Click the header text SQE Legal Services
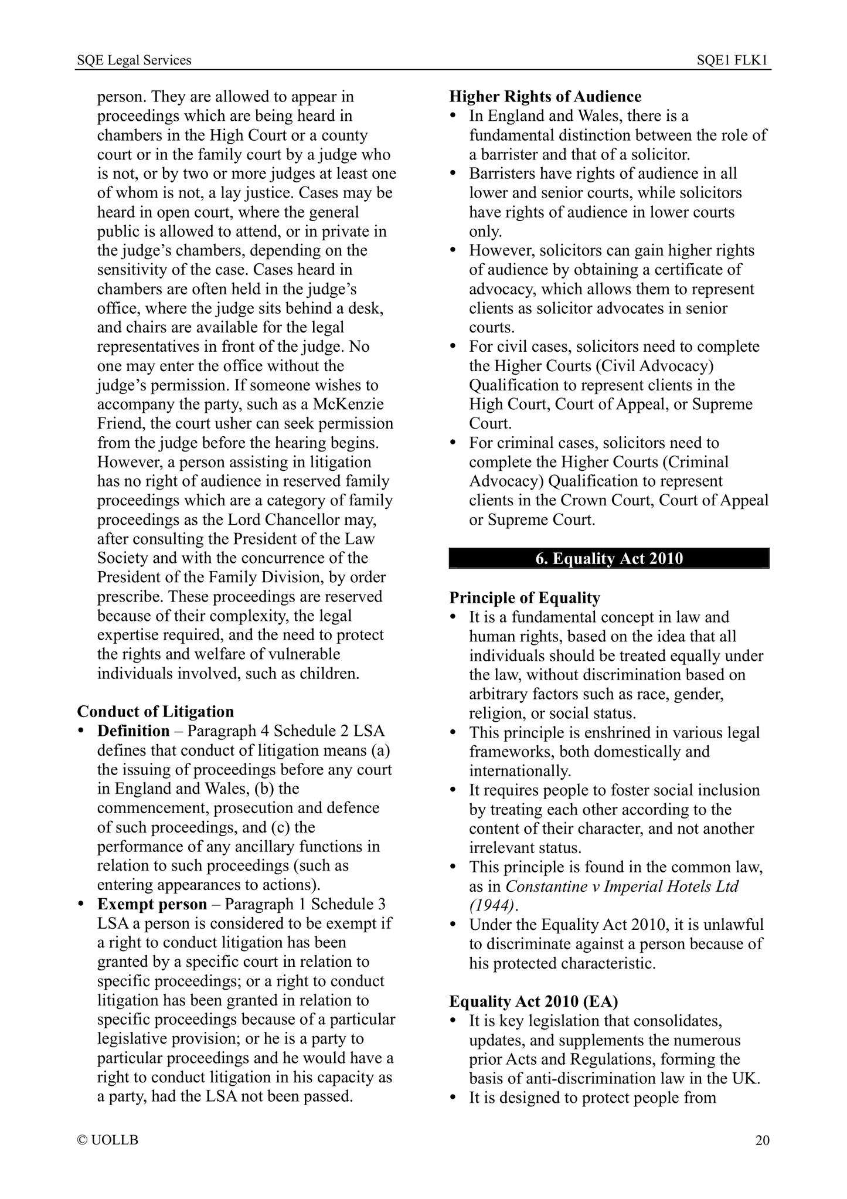(x=134, y=60)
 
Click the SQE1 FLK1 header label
(x=732, y=60)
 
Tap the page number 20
(x=762, y=1140)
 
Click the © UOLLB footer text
(x=108, y=1140)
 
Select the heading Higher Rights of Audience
(x=545, y=97)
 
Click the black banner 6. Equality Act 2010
(x=609, y=558)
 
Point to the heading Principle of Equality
(x=525, y=598)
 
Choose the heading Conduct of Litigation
(x=155, y=712)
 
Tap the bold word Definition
(x=133, y=731)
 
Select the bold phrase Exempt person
(x=152, y=904)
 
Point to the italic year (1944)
(x=492, y=905)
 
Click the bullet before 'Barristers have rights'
(x=453, y=174)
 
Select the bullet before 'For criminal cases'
(x=453, y=443)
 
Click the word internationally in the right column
(x=519, y=771)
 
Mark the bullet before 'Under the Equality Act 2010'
(x=453, y=925)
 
